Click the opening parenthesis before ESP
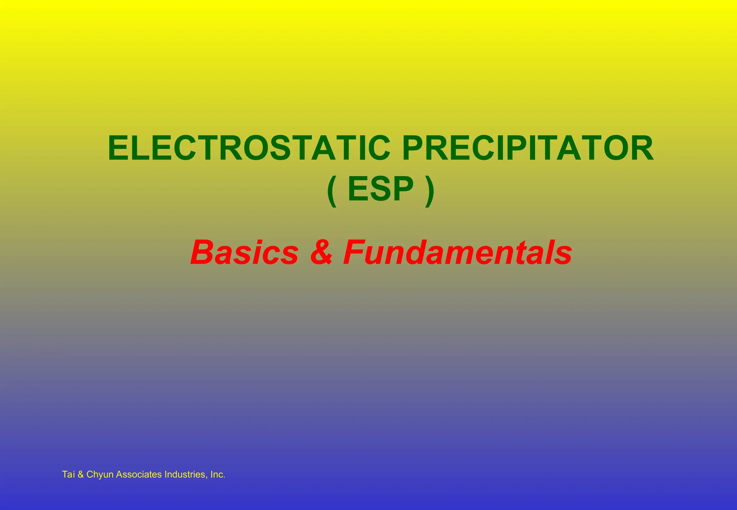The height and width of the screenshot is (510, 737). pyautogui.click(x=332, y=191)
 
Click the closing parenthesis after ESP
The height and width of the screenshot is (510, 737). pyautogui.click(x=430, y=191)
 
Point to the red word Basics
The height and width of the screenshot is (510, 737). pyautogui.click(x=245, y=252)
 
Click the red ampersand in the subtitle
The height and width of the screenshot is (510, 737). pyautogui.click(x=321, y=252)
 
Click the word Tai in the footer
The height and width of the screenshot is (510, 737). pyautogui.click(x=68, y=474)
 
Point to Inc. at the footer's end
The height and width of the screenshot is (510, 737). pyautogui.click(x=218, y=474)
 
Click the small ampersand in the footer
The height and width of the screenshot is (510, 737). pyautogui.click(x=81, y=474)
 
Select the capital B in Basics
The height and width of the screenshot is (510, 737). pyautogui.click(x=202, y=252)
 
